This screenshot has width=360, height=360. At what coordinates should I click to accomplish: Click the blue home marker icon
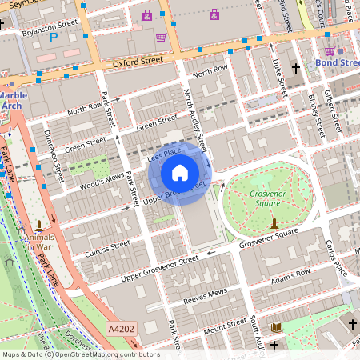[x=180, y=172]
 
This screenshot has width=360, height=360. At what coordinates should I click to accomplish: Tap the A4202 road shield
[x=122, y=327]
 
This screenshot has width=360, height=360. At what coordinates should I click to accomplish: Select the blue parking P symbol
[x=54, y=37]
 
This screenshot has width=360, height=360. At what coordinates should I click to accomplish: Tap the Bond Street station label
[x=338, y=62]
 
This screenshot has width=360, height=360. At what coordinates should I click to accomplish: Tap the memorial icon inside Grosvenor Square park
[x=274, y=222]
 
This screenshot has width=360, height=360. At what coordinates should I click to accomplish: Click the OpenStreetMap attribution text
[x=80, y=354]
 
